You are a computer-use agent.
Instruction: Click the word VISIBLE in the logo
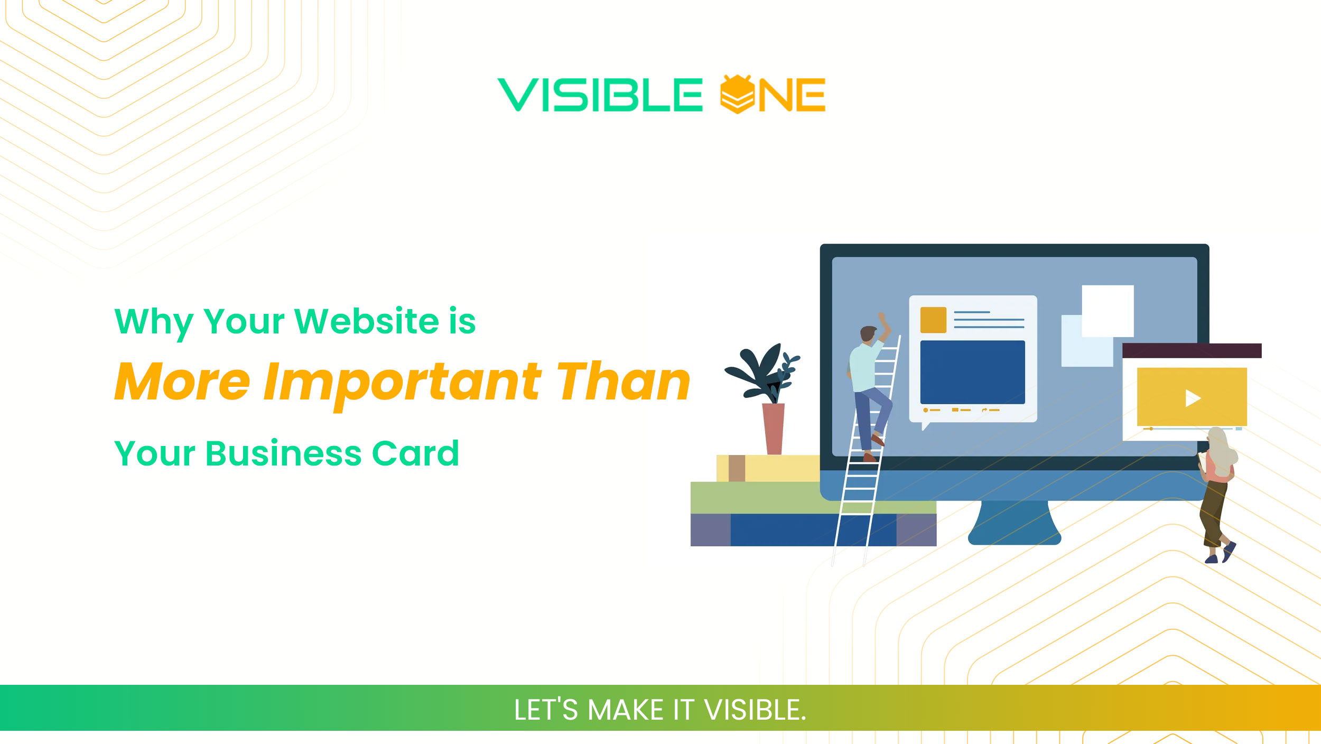click(600, 95)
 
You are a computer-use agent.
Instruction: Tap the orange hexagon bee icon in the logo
click(737, 95)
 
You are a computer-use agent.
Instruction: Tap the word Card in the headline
click(415, 453)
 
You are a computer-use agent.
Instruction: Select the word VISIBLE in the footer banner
click(756, 710)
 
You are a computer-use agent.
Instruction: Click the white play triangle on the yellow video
click(1193, 398)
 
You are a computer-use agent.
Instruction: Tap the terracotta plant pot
click(774, 428)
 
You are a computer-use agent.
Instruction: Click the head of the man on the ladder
click(868, 334)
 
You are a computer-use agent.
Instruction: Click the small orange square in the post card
click(933, 320)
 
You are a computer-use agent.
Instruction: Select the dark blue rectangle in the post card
click(972, 372)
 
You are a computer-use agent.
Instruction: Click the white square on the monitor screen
click(1108, 311)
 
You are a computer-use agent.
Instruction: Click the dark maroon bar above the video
click(1192, 350)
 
